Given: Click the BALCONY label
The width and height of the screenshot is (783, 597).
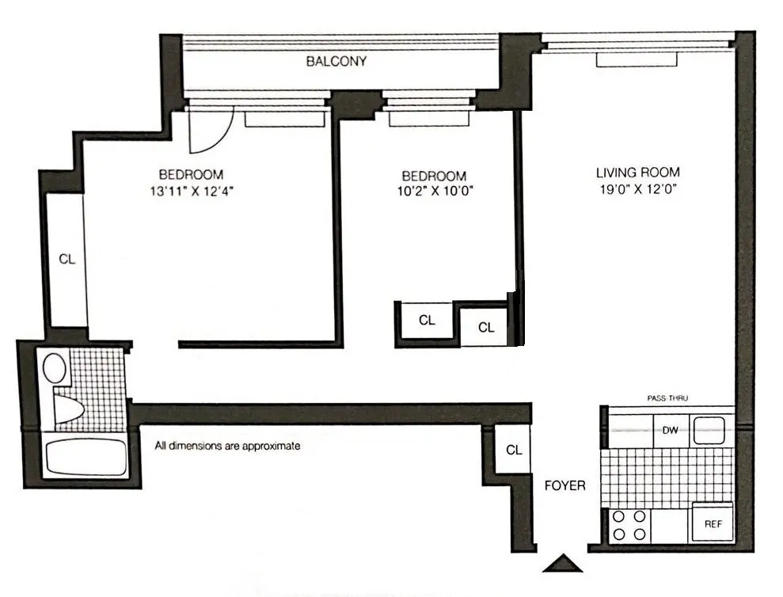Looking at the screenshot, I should [336, 61].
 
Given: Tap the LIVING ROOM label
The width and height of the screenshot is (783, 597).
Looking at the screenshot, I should [637, 172].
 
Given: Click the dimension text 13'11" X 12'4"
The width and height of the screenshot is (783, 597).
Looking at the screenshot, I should [190, 192].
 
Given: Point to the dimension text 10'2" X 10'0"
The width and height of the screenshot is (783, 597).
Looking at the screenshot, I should [433, 192].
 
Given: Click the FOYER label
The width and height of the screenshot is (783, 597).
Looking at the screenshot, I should [565, 485].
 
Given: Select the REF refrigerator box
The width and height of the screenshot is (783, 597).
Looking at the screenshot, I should [713, 523].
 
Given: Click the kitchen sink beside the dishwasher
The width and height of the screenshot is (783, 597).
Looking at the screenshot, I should [710, 431].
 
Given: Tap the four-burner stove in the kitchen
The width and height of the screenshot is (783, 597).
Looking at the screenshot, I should [629, 525].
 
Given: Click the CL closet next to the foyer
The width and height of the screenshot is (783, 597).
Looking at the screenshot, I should [514, 450].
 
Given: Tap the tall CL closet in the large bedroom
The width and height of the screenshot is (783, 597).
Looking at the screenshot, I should [67, 259].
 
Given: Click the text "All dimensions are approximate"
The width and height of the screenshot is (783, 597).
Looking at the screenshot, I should [228, 446].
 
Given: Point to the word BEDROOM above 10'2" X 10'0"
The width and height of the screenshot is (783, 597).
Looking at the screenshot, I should [433, 176].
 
